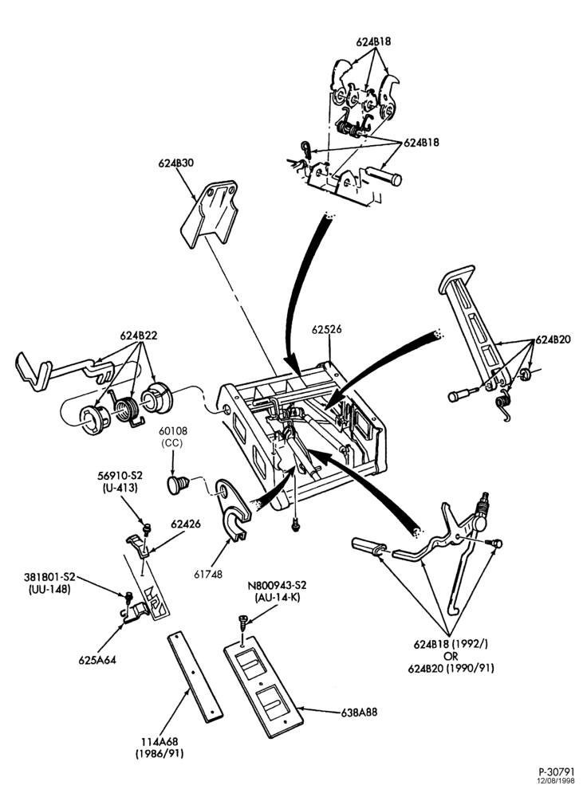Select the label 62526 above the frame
pyautogui.click(x=326, y=329)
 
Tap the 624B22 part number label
pyautogui.click(x=139, y=336)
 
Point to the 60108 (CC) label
pyautogui.click(x=173, y=437)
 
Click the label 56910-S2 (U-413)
pyautogui.click(x=120, y=481)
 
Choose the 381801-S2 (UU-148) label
pyautogui.click(x=49, y=583)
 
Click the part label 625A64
pyautogui.click(x=97, y=660)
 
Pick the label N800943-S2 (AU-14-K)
pyautogui.click(x=278, y=591)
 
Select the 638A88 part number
pyautogui.click(x=359, y=712)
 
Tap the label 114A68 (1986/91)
pyautogui.click(x=160, y=748)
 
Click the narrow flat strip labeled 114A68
pyautogui.click(x=196, y=677)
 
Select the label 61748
pyautogui.click(x=207, y=574)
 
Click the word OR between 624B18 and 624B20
pyautogui.click(x=451, y=656)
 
